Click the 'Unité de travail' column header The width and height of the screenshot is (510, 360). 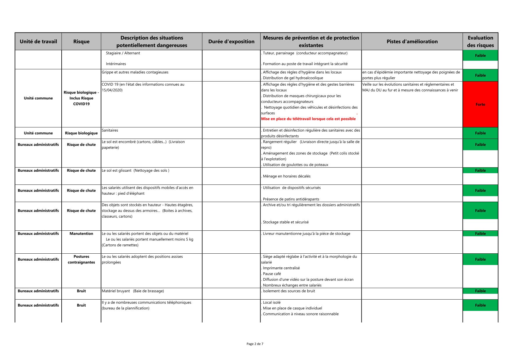click(38, 42)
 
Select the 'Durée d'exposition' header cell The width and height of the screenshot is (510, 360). click(231, 42)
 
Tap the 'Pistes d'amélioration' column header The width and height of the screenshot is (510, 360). click(412, 42)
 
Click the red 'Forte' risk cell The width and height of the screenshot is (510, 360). click(480, 104)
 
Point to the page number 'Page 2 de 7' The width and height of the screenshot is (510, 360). click(255, 344)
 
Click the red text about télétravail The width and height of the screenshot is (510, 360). click(308, 119)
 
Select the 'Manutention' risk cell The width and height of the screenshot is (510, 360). click(81, 234)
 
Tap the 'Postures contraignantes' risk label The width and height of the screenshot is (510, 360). click(81, 259)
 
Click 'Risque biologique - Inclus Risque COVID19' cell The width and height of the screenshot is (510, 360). click(81, 98)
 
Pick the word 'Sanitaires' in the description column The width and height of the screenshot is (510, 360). click(110, 130)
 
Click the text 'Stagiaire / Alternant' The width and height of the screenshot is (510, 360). click(123, 53)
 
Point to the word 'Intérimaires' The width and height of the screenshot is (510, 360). click(116, 64)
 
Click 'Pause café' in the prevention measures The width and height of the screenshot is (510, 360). click(272, 274)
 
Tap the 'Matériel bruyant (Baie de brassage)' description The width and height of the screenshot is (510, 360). click(133, 291)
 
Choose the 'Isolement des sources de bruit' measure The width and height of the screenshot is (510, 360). click(288, 291)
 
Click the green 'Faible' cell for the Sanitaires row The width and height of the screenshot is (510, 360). click(480, 133)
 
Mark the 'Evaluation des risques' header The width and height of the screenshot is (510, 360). click(480, 42)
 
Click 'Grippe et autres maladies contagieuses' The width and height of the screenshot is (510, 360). click(135, 72)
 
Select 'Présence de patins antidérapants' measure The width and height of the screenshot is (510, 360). click(291, 199)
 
